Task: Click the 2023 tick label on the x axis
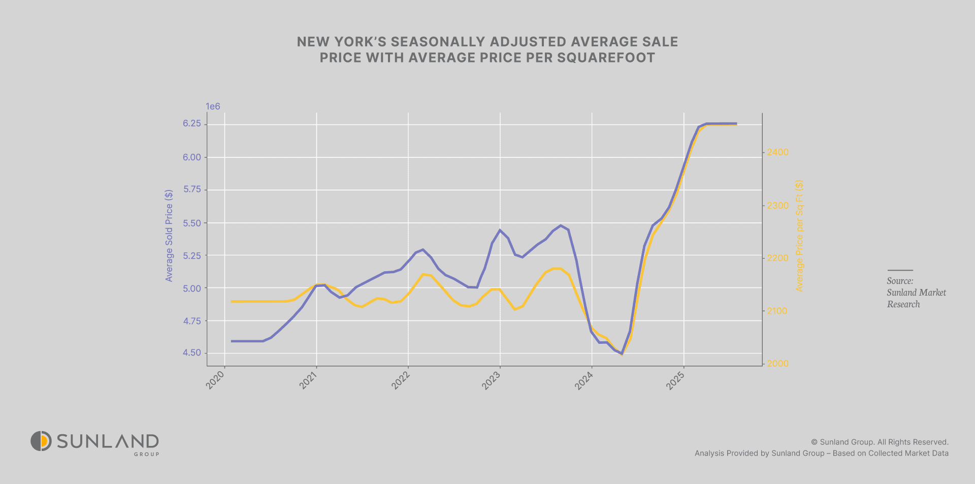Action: [492, 380]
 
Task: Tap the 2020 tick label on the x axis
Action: [216, 380]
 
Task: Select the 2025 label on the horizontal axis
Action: [675, 380]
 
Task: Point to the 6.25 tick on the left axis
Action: [192, 124]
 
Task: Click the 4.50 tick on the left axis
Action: [192, 353]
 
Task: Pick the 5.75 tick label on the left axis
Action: [192, 189]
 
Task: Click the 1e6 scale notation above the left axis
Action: [213, 106]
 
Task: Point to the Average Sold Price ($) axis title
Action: [169, 236]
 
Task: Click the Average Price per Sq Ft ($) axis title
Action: [799, 236]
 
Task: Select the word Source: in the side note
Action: [900, 281]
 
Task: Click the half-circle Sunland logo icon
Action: [41, 441]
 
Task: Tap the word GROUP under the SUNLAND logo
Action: [146, 454]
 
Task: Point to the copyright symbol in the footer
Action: [814, 442]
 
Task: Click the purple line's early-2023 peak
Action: [500, 230]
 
